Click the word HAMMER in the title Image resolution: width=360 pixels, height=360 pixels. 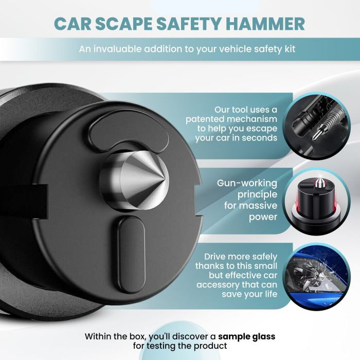(x=266, y=24)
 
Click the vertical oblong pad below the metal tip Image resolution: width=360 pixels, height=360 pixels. (x=132, y=255)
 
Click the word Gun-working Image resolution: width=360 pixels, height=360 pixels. (x=247, y=183)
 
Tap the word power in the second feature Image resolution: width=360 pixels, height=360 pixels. (x=263, y=217)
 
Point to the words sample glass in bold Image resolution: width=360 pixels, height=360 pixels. (x=246, y=336)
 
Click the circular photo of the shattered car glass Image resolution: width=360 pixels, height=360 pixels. (x=317, y=277)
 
